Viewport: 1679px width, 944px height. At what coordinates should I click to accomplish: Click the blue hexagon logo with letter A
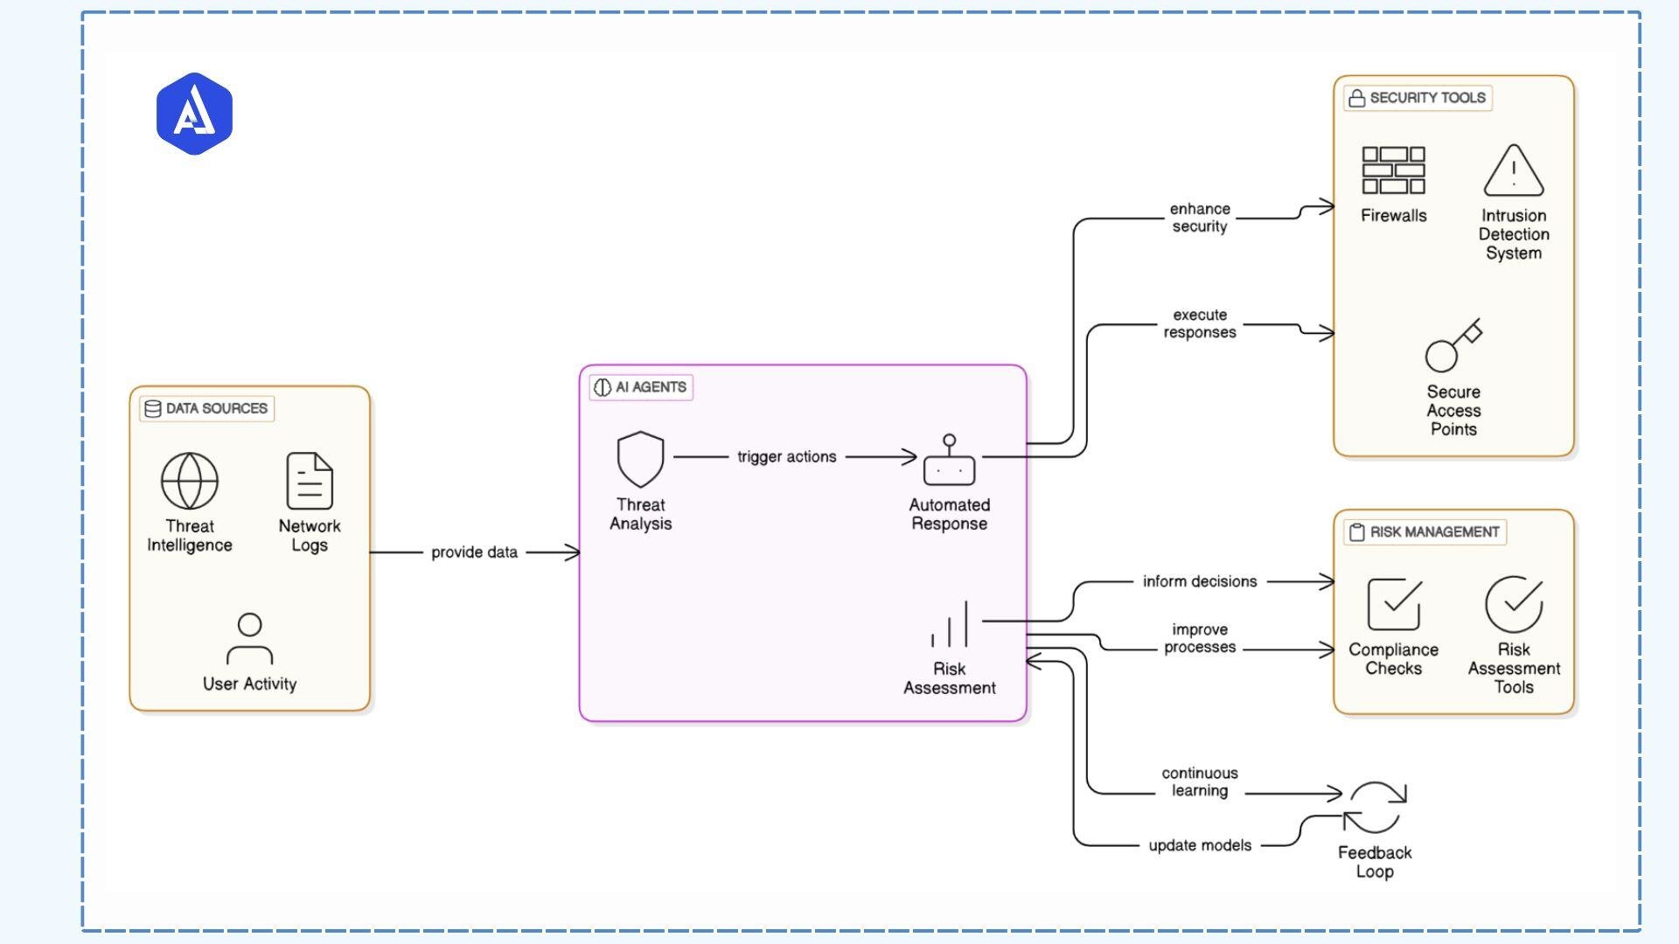click(194, 114)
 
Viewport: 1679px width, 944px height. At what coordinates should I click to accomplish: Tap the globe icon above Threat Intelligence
click(189, 481)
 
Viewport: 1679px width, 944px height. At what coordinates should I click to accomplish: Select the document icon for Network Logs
click(310, 481)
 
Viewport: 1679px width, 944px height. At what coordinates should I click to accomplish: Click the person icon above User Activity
click(249, 639)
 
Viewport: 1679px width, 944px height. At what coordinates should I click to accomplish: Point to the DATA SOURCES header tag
click(206, 408)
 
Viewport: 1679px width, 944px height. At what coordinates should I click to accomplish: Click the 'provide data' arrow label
click(474, 552)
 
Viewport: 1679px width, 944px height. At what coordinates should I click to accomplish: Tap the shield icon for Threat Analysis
click(640, 459)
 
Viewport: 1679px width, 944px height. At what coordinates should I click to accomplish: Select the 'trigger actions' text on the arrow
click(786, 456)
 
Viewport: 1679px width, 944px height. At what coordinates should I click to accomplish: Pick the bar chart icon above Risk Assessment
click(950, 624)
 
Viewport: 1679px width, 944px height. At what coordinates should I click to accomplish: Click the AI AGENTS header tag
click(641, 387)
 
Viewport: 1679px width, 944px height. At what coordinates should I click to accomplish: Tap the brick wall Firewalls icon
click(1393, 170)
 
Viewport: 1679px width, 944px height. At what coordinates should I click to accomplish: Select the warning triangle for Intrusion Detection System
click(1513, 171)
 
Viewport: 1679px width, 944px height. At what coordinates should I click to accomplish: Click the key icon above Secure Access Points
click(1453, 346)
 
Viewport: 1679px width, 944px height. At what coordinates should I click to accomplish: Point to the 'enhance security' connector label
click(1199, 218)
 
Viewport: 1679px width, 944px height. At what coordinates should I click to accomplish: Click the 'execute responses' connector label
click(1199, 323)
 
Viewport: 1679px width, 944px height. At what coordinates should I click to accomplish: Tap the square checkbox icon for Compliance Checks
click(1393, 604)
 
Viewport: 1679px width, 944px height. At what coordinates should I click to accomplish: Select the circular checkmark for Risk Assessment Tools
click(1513, 604)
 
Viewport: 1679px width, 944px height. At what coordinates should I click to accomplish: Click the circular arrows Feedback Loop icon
click(1374, 808)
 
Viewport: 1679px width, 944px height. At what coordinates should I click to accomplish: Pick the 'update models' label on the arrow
click(1199, 845)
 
